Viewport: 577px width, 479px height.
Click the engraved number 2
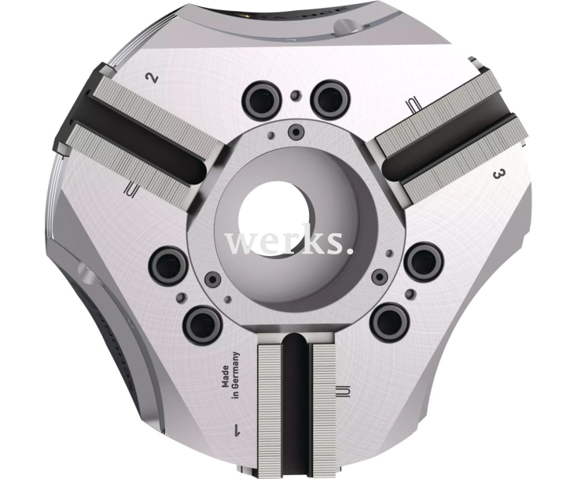pos(152,78)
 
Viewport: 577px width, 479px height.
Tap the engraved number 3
pos(497,174)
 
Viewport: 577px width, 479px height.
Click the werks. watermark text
pos(288,242)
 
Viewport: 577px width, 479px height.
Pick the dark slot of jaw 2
pos(137,137)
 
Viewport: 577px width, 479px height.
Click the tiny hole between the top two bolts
pos(295,97)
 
